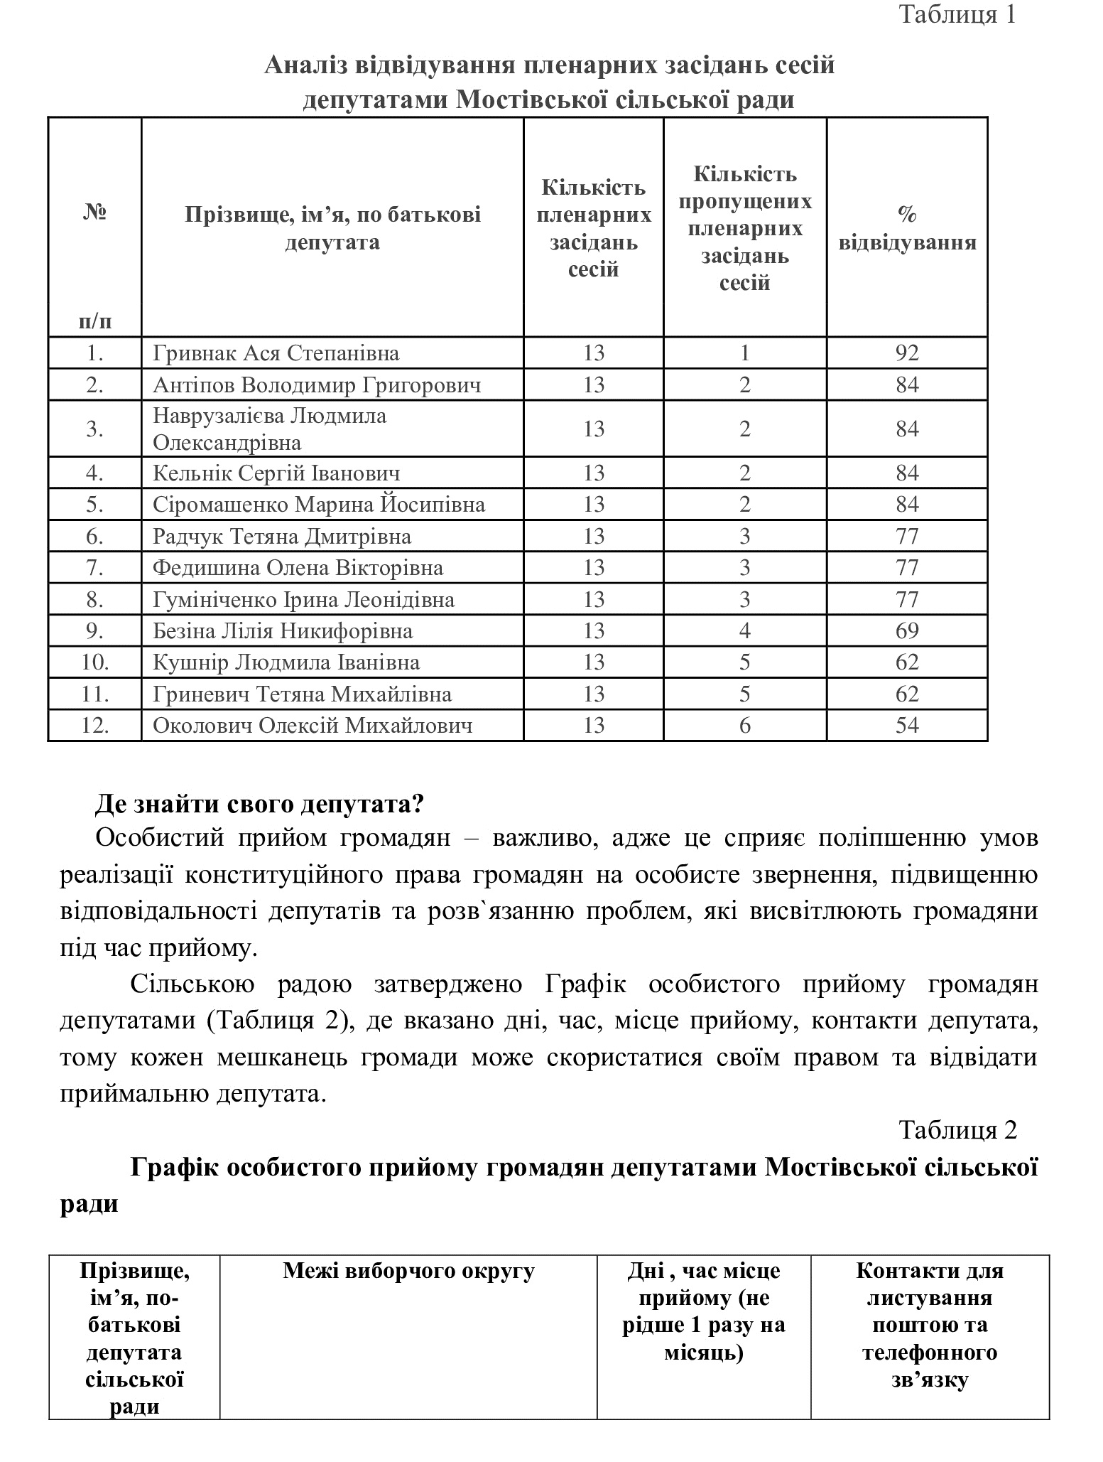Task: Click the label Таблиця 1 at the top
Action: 958,14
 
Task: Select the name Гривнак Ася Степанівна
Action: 276,353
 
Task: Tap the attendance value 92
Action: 907,353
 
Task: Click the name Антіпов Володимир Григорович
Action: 317,385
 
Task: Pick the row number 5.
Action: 95,505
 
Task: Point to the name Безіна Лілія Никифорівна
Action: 283,631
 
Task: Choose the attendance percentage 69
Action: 907,631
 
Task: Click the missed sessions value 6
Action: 744,726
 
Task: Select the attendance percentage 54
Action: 907,726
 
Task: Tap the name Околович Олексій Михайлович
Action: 313,726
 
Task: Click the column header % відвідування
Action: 907,228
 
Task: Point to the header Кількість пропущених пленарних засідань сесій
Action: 744,228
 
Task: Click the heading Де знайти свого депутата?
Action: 259,805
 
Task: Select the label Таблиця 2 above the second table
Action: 958,1129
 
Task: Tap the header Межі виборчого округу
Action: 408,1270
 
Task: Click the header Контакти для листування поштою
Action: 930,1325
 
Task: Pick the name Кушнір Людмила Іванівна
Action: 286,662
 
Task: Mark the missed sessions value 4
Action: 744,631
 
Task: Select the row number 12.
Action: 95,726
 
